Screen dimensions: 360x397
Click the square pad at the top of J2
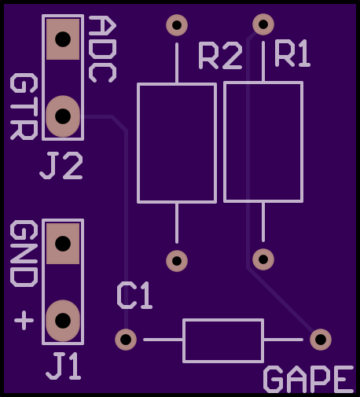click(63, 39)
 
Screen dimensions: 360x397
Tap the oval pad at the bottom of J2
click(63, 116)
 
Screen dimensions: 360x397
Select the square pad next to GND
click(63, 244)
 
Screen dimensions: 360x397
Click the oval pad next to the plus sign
click(63, 321)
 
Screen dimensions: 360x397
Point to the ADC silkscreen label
click(102, 50)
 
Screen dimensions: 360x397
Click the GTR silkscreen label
click(24, 106)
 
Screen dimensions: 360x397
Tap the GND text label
click(24, 253)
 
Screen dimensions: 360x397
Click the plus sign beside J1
click(24, 320)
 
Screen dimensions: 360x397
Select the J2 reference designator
click(61, 166)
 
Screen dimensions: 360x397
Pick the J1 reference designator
click(63, 366)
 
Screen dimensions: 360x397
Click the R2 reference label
click(220, 56)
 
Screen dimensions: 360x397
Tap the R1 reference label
click(292, 53)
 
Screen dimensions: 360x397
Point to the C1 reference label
click(134, 296)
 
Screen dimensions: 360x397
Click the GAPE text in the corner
click(309, 379)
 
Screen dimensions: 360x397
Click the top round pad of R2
click(177, 25)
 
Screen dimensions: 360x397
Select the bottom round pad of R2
click(177, 261)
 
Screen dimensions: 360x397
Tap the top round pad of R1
click(263, 24)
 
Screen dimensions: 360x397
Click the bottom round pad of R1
click(263, 259)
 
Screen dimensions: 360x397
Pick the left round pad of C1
click(126, 340)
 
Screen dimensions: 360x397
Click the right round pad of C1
click(321, 340)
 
